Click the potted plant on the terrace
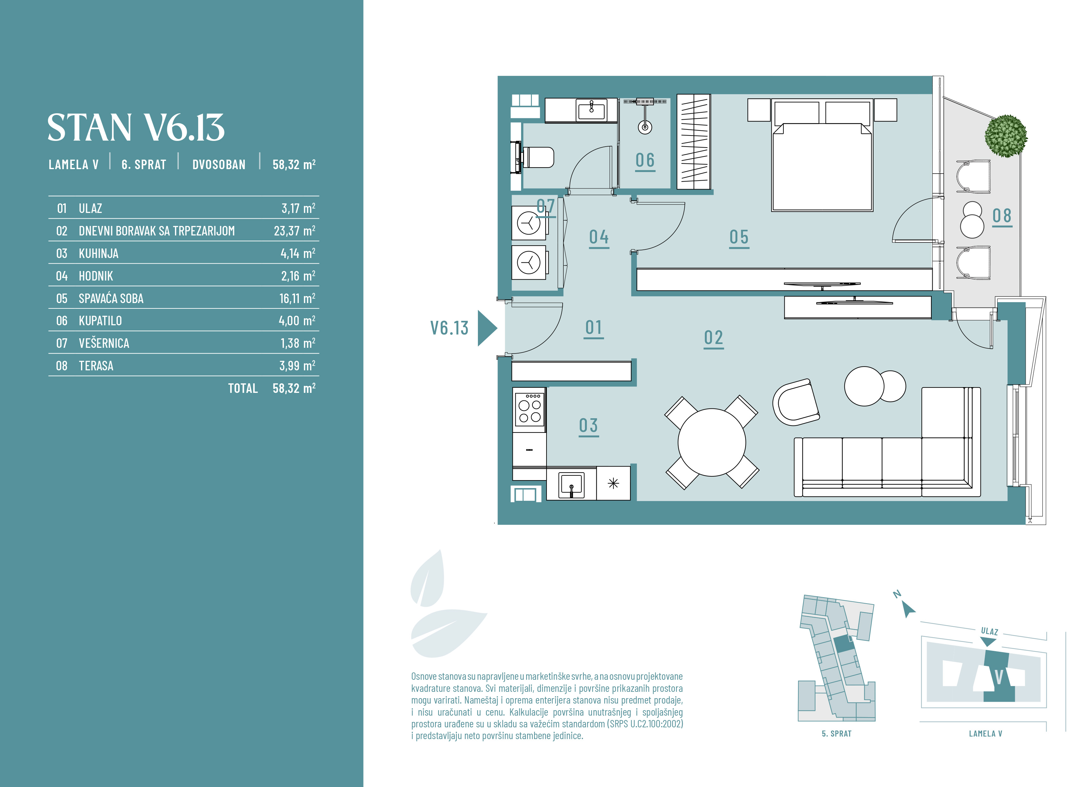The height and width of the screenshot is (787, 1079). click(x=1006, y=136)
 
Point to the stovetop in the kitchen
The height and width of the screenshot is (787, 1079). click(x=529, y=410)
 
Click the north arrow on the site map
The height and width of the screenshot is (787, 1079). click(x=908, y=609)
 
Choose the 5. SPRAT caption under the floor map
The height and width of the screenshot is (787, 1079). click(x=836, y=734)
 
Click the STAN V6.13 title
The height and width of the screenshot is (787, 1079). click(x=136, y=128)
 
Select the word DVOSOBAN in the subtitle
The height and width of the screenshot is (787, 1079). click(x=219, y=165)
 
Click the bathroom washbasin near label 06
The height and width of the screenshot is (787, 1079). click(x=591, y=110)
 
